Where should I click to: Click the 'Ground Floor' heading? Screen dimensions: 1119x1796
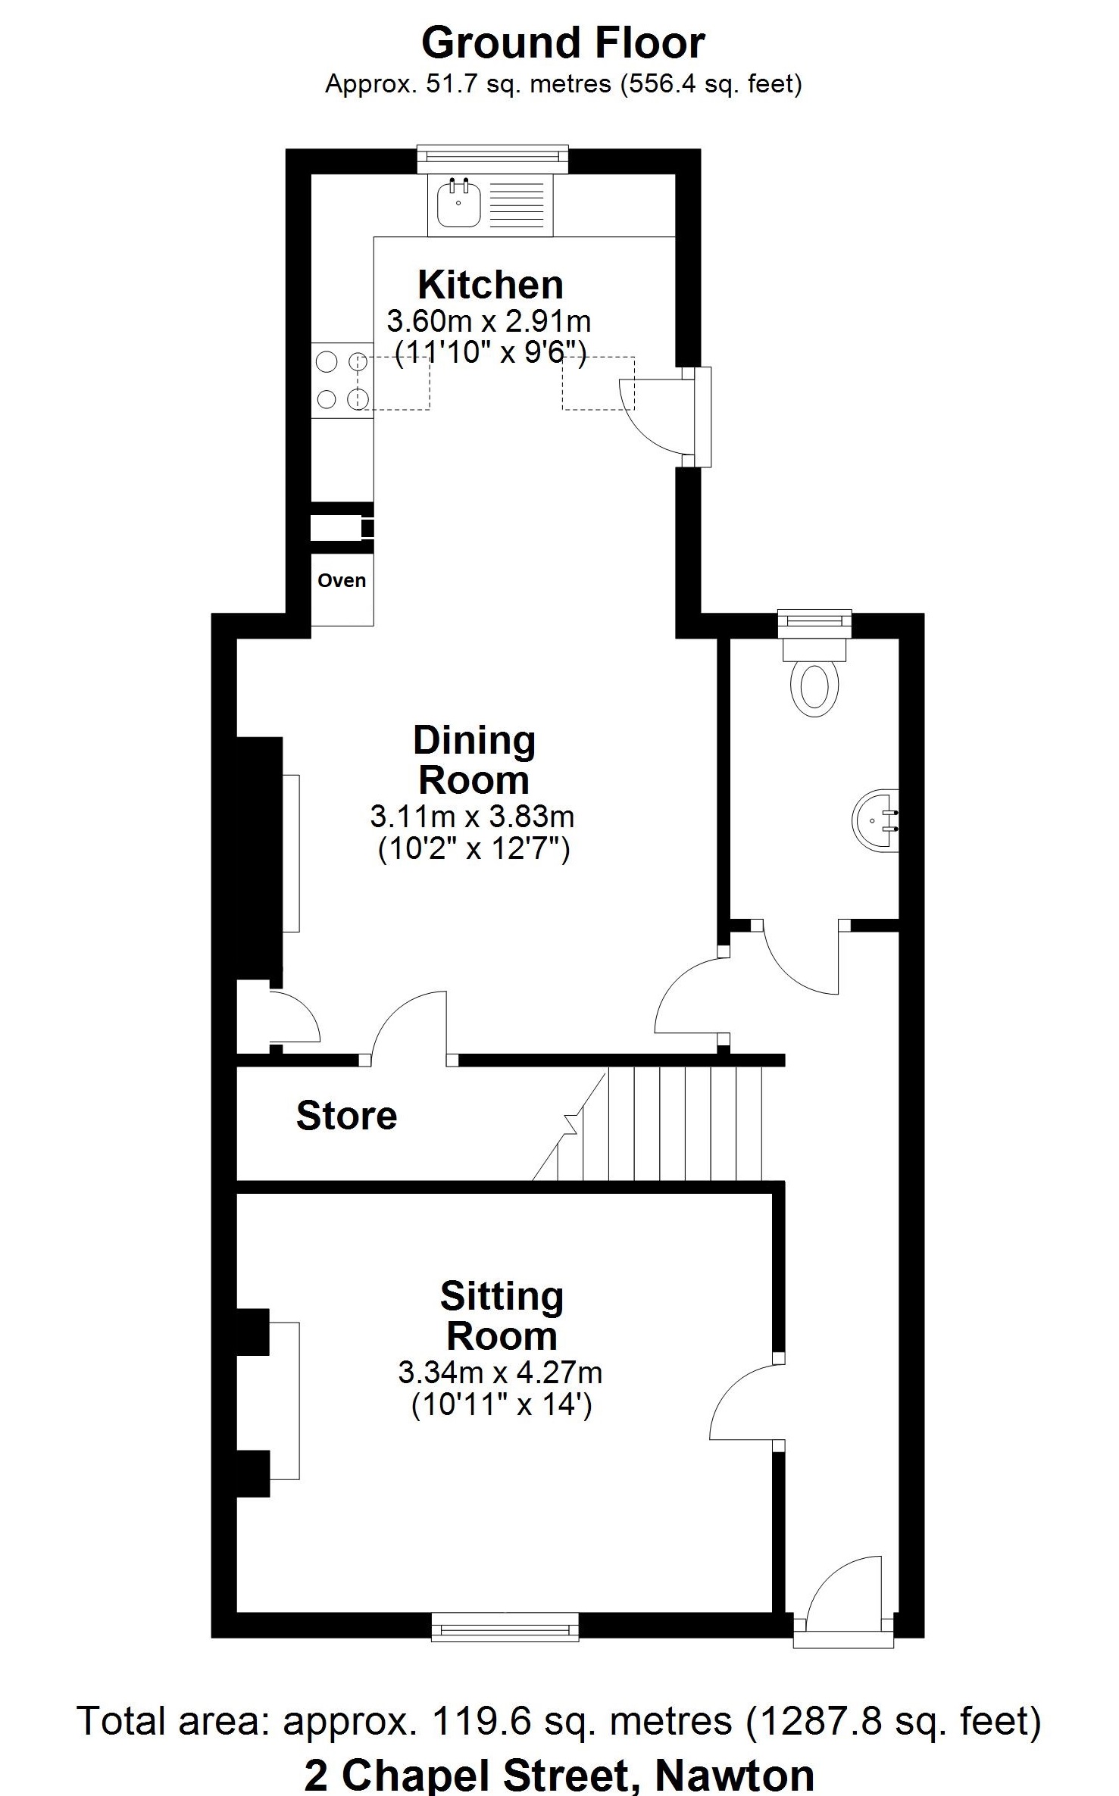pyautogui.click(x=563, y=43)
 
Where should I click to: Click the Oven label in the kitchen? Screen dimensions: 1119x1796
pyautogui.click(x=342, y=580)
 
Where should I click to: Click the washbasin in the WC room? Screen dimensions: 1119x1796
pyautogui.click(x=876, y=820)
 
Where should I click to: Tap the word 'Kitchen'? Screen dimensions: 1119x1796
pyautogui.click(x=491, y=285)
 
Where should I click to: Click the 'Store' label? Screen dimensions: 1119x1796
pyautogui.click(x=346, y=1116)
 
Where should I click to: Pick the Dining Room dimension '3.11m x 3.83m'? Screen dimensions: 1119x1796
pyautogui.click(x=473, y=817)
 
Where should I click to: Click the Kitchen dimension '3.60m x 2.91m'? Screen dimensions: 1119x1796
pyautogui.click(x=489, y=321)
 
